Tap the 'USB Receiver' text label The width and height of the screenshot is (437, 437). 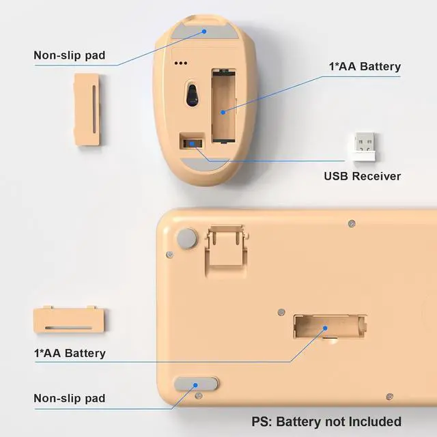click(362, 176)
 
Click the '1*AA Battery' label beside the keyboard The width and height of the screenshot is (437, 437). click(70, 353)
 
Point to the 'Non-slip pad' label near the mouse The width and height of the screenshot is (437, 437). click(69, 55)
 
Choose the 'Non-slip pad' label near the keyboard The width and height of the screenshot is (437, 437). click(69, 398)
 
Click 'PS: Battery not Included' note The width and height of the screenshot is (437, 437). click(326, 421)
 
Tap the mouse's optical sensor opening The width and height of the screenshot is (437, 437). click(192, 94)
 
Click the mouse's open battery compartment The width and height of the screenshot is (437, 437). click(223, 105)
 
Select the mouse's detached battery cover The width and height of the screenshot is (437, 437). click(88, 109)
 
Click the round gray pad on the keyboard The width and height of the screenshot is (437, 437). click(185, 238)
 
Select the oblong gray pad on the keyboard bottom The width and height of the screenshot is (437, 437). click(196, 386)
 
